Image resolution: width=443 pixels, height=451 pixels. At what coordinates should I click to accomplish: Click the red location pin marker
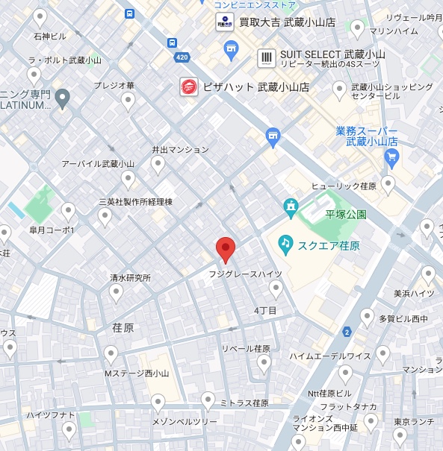click(x=226, y=249)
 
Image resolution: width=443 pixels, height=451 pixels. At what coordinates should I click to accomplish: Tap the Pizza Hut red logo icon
click(x=189, y=87)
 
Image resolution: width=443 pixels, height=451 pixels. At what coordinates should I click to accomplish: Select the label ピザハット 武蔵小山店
click(x=256, y=87)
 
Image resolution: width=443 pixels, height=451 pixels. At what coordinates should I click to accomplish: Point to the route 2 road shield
click(x=347, y=331)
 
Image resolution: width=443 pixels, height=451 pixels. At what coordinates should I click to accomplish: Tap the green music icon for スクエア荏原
click(x=285, y=242)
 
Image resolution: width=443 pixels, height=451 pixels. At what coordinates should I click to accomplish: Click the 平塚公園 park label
click(x=345, y=214)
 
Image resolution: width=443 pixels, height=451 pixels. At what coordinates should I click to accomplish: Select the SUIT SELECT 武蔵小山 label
click(x=332, y=54)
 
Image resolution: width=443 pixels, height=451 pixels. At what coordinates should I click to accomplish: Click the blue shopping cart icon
click(x=391, y=157)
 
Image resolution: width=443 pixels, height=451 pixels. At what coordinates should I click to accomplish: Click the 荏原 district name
click(x=123, y=327)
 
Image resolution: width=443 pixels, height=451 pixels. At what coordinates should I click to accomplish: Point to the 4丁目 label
click(x=265, y=310)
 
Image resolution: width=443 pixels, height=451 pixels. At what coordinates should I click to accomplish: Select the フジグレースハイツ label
click(x=245, y=274)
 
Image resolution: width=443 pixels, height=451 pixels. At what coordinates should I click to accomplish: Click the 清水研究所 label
click(x=130, y=277)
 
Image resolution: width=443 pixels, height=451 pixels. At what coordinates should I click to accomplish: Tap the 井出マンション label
click(x=180, y=149)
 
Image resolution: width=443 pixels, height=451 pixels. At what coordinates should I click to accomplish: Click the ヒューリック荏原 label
click(x=344, y=186)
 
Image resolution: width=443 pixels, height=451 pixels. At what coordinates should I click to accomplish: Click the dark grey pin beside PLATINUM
click(x=62, y=96)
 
